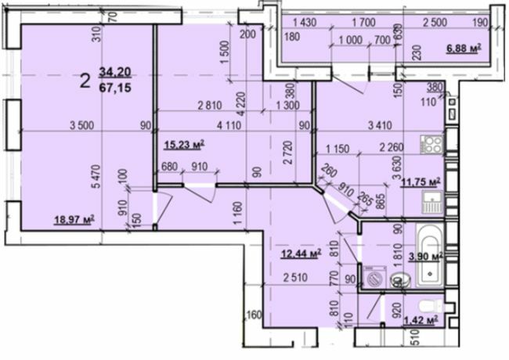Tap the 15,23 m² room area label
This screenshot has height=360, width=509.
(x=184, y=143)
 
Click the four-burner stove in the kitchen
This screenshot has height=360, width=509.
(x=432, y=144)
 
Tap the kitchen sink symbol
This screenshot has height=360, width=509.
(x=432, y=205)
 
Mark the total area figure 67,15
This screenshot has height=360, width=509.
(x=114, y=86)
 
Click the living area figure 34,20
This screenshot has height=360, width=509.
(x=114, y=73)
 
